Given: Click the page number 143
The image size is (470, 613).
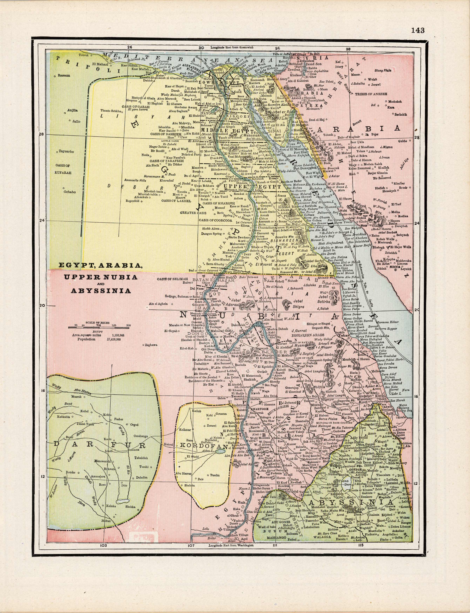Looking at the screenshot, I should click(x=418, y=30).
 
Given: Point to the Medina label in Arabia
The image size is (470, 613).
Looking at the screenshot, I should click(x=403, y=216).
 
